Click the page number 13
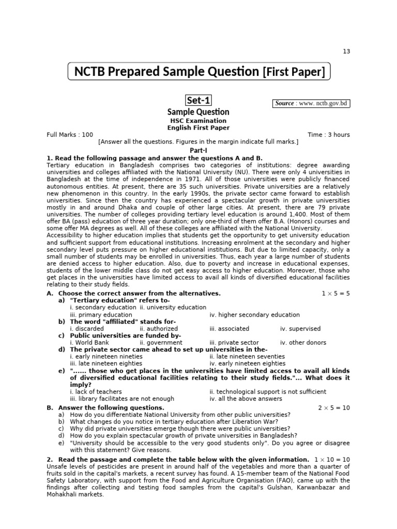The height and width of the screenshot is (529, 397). coord(346,51)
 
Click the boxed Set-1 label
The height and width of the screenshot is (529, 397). coord(198,100)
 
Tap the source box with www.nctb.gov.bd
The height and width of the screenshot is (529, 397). coord(312,103)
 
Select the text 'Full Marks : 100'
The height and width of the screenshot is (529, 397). coord(70,135)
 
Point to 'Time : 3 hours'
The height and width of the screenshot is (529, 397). coord(329,135)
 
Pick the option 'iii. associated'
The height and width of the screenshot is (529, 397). coord(229,329)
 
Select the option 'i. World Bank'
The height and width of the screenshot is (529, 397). coord(89,343)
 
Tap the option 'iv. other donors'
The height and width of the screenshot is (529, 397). coord(303,343)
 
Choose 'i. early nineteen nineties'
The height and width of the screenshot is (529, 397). coord(106,356)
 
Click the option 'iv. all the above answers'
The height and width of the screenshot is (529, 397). coord(246,399)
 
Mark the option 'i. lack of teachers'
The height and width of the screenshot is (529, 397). coord(96,392)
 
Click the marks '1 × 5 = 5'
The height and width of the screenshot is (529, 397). coord(335,293)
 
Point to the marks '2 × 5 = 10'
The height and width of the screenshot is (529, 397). coord(333,408)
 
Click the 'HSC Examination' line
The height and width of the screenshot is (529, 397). coord(198,121)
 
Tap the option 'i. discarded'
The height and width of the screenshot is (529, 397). coord(86,329)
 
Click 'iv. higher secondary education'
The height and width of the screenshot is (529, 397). coord(254,315)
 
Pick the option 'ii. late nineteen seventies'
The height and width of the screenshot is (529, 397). coord(247,356)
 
